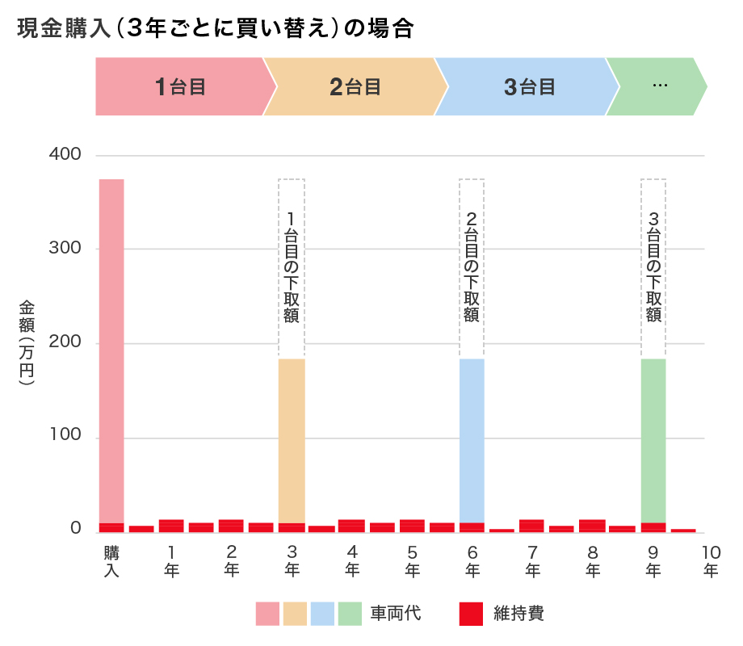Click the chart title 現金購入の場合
point(215,29)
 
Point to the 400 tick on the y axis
point(65,154)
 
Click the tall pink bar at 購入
point(111,347)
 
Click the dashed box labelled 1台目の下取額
point(292,266)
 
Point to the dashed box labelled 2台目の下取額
point(472,266)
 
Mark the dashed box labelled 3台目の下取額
point(653,266)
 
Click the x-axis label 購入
point(111,561)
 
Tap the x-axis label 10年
point(711,561)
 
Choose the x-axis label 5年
point(413,561)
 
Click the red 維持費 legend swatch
point(470,614)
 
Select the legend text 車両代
point(396,614)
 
